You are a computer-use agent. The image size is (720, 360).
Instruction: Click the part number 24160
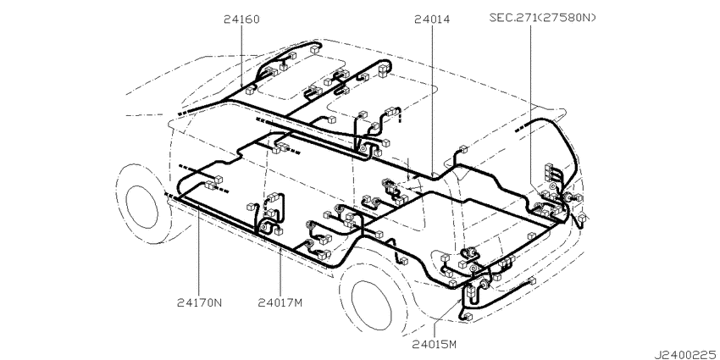(x=241, y=19)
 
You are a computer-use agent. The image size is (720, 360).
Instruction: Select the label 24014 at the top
(x=432, y=19)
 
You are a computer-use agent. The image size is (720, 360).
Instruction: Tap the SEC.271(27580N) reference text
(x=542, y=18)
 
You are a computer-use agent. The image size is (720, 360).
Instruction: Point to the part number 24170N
(x=199, y=302)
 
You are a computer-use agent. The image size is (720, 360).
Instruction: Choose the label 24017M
(x=280, y=302)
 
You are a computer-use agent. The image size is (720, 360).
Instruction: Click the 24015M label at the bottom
(x=434, y=343)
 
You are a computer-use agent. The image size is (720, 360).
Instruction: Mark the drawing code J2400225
(x=687, y=355)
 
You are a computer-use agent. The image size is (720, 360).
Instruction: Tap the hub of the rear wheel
(x=373, y=304)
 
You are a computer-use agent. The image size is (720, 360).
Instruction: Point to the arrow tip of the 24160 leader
(x=241, y=86)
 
